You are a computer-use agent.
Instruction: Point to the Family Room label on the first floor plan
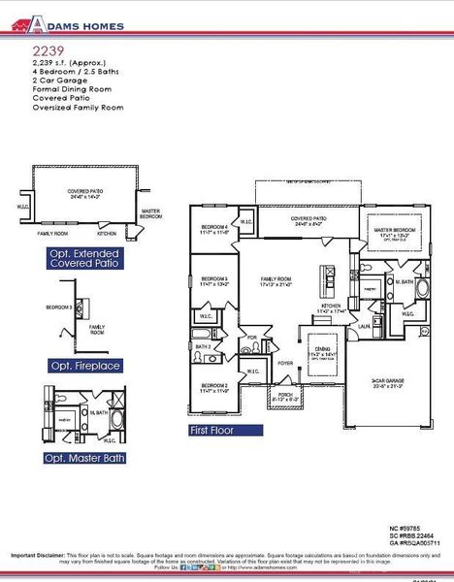click(276, 281)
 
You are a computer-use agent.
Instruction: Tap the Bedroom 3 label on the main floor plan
click(211, 281)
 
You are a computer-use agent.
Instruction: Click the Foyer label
click(285, 363)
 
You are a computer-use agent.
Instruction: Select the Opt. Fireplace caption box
click(86, 366)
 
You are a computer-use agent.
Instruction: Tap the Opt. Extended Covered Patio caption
click(86, 257)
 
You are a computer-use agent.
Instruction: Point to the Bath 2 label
click(203, 346)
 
